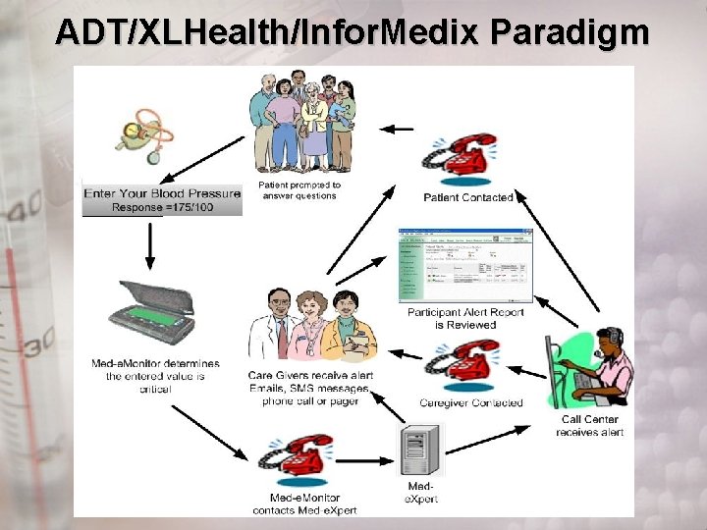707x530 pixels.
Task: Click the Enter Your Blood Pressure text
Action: coord(162,193)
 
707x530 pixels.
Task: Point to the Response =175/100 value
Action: coord(162,208)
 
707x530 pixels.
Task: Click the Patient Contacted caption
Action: coord(467,197)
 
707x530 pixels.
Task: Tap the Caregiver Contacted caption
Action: coord(471,402)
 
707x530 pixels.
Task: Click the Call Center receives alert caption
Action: coord(590,426)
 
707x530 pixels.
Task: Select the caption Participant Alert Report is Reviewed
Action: coord(465,319)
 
